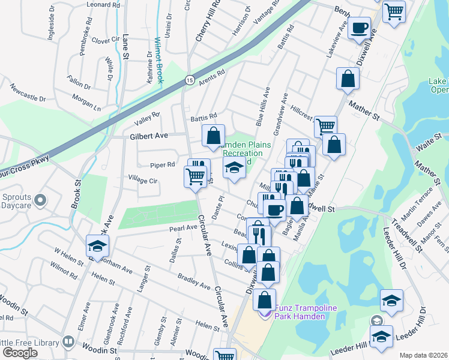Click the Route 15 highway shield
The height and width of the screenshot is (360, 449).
189,79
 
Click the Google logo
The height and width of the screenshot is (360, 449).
20,353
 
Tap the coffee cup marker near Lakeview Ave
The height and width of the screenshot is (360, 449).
360,28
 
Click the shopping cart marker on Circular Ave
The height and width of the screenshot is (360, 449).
195,176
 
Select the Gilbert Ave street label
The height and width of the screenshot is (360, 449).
149,137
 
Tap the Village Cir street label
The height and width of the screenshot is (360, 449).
143,179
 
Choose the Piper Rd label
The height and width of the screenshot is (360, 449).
163,164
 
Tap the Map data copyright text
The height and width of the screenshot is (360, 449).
423,355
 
